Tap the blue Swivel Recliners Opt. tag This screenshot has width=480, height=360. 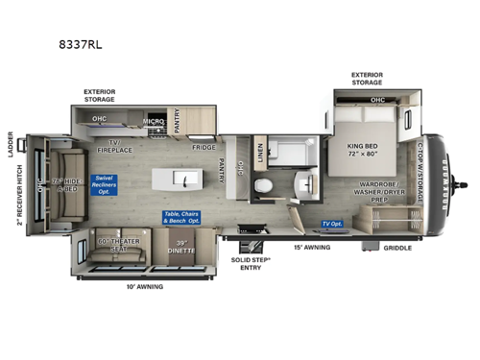coord(105,184)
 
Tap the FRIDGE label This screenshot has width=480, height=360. coord(204,147)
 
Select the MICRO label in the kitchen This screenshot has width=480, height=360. coord(154,122)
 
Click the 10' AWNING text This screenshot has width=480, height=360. coord(144,286)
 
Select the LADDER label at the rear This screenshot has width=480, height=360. coord(11,145)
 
